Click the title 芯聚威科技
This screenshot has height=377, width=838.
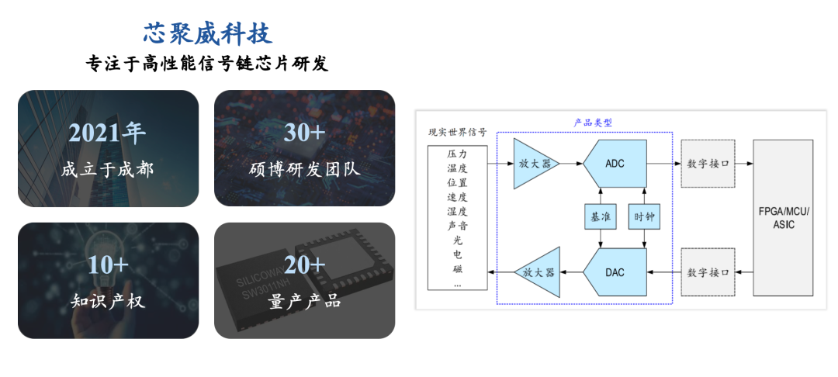coord(208,33)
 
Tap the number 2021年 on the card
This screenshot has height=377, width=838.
coord(107,133)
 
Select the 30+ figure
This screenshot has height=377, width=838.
coord(304,133)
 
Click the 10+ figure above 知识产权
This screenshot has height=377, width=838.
coord(107,265)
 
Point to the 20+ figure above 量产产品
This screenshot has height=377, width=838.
coord(304,265)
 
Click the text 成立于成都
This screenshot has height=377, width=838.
coord(107,169)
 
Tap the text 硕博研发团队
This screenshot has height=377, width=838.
coord(304,169)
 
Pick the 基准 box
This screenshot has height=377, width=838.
coord(600,218)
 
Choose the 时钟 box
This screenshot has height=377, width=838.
coord(644,218)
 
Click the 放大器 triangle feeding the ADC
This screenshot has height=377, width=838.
coord(533,164)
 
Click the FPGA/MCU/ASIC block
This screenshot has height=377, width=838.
coord(783,218)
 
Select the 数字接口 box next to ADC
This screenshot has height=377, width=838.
coord(708,164)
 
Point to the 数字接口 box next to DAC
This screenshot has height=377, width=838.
coord(708,272)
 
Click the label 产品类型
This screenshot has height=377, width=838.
coord(593,123)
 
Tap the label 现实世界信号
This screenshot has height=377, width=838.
coord(458,133)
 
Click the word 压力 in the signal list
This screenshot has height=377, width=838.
coord(458,155)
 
